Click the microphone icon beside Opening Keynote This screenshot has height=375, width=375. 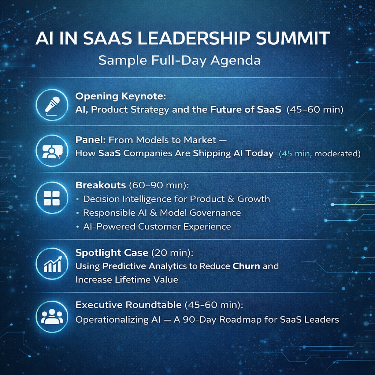tap(52, 105)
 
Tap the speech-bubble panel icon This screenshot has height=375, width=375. tap(52, 151)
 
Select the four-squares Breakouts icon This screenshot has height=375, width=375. tap(52, 198)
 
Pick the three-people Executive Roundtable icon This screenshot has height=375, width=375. tap(52, 317)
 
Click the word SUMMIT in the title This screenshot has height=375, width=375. tap(293, 38)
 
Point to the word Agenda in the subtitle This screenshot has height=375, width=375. tap(235, 61)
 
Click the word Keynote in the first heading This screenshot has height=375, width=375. tap(144, 96)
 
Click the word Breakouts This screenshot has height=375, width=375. tap(101, 185)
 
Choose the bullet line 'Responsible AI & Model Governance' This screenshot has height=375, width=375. tap(162, 213)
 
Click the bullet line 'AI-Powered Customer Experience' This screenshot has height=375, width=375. tap(157, 226)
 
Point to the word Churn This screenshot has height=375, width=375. tap(246, 266)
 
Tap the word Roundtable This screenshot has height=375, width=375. tap(153, 305)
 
